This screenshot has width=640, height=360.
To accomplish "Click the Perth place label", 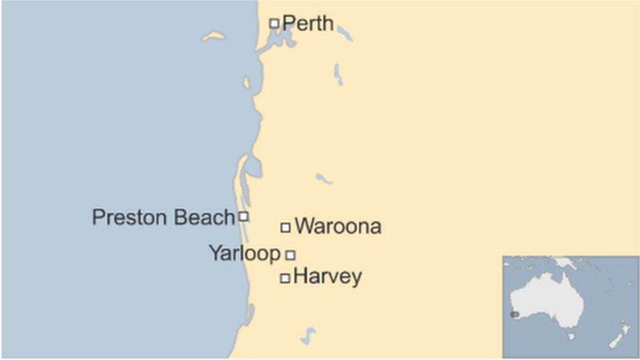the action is coord(308,23).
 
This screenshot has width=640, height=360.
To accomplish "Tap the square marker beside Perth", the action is coord(274,23).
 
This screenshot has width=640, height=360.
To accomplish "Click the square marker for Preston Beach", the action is coord(244,216).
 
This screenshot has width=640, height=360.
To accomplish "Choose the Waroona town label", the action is coord(338,226).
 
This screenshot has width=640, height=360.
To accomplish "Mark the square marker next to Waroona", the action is coord(285,227).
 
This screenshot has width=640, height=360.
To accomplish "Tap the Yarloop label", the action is coord(244,254).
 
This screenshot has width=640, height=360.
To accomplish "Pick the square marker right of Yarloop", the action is coord(290,254).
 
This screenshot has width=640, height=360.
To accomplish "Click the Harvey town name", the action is coord(328,278).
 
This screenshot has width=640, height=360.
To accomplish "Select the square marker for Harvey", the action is coord(284,278).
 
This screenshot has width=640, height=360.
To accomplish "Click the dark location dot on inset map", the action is coord(514,314).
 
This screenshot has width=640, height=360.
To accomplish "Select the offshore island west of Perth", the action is coord(214,36).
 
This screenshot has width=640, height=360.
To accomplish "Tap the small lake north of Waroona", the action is coord(323,178).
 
